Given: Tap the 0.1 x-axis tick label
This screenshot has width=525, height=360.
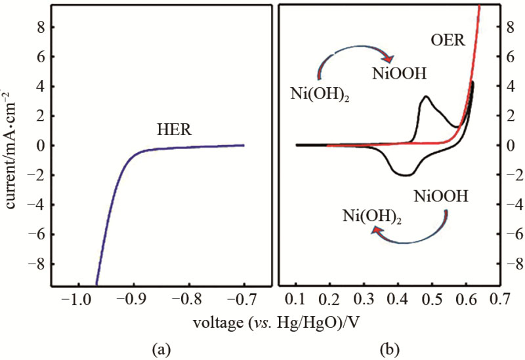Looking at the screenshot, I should point(297,300).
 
